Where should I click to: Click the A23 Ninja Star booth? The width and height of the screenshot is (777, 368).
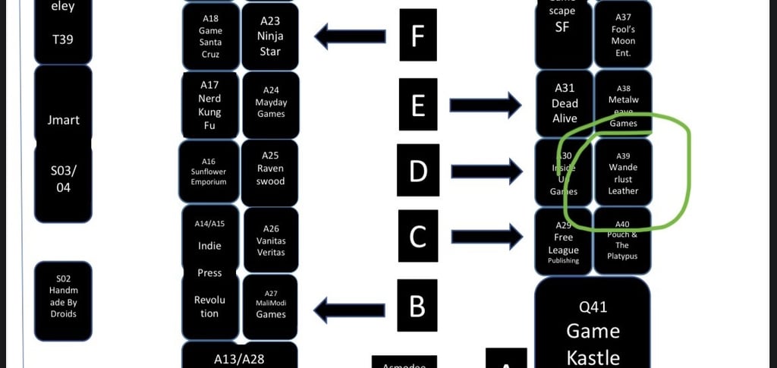[x=269, y=36]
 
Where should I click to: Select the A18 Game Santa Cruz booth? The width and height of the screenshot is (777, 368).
[x=210, y=36]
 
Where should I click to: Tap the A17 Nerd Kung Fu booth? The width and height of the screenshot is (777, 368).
[x=210, y=105]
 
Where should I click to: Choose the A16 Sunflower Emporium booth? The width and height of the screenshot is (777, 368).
[x=209, y=171]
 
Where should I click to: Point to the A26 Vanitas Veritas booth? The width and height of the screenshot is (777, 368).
[x=270, y=240]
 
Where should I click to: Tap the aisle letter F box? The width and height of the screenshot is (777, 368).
[x=418, y=35]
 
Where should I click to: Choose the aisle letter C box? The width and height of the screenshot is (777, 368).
[x=418, y=237]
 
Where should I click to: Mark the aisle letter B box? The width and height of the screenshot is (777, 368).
[x=418, y=307]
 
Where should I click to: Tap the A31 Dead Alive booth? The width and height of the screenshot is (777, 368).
[x=564, y=103]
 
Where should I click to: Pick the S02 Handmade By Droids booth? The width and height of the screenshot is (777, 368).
[x=64, y=301]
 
